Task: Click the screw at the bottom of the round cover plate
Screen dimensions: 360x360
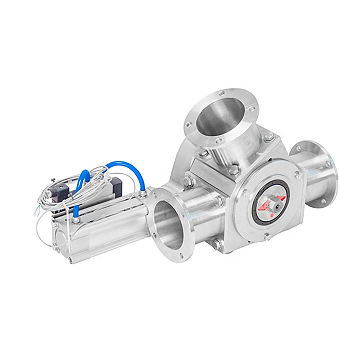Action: coord(266,236)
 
